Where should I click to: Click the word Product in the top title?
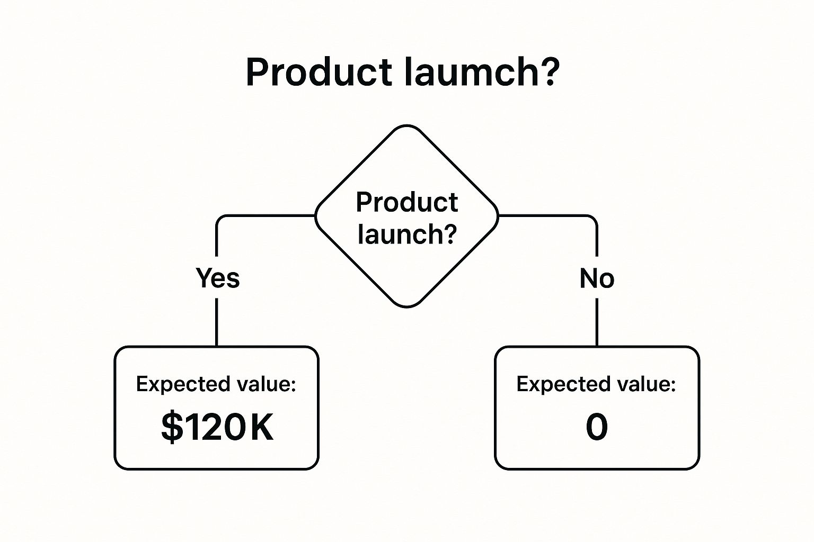click(x=318, y=72)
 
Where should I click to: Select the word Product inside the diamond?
click(x=406, y=202)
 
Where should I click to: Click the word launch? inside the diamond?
click(x=407, y=234)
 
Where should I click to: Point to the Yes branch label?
click(x=218, y=278)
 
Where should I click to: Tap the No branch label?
click(x=597, y=278)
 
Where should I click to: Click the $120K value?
click(x=217, y=427)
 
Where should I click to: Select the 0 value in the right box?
click(x=597, y=427)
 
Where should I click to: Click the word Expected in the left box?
click(x=183, y=384)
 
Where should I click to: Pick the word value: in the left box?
click(x=267, y=384)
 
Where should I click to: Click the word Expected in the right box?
click(x=563, y=384)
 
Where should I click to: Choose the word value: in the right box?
click(x=646, y=384)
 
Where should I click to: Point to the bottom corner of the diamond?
click(x=406, y=307)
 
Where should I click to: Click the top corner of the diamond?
click(x=406, y=125)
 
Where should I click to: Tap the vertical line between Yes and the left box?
click(x=217, y=322)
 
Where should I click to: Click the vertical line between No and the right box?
click(x=597, y=322)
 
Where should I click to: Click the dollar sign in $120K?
click(x=172, y=427)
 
